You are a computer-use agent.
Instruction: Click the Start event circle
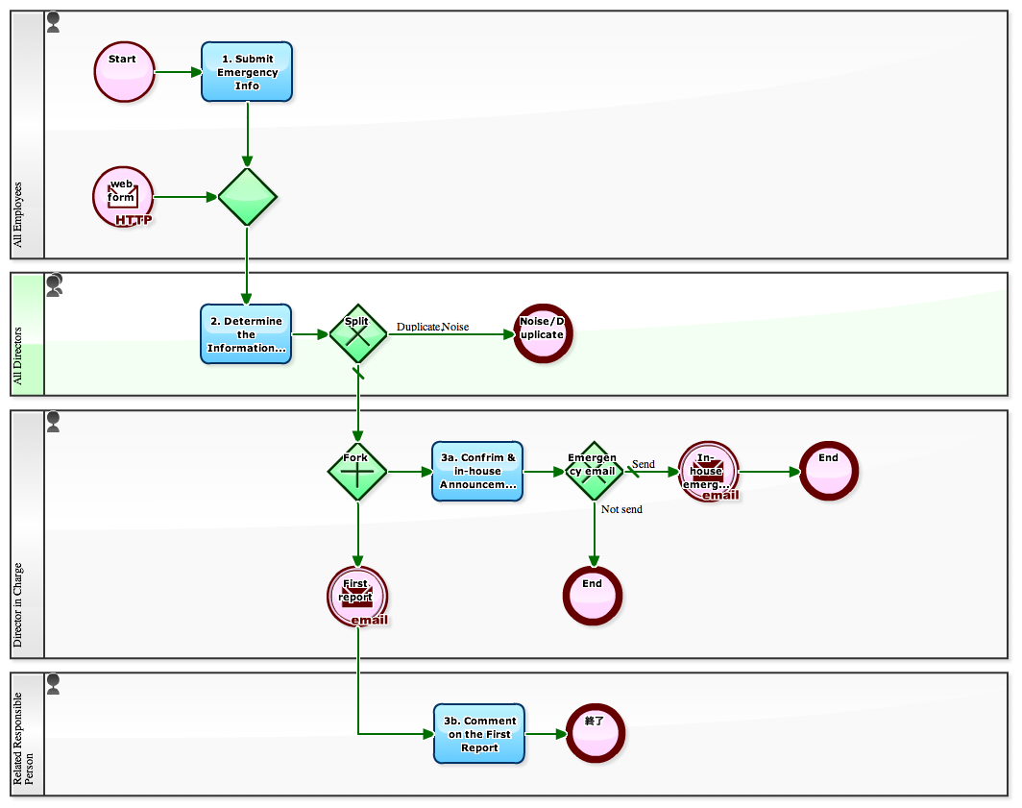tap(124, 72)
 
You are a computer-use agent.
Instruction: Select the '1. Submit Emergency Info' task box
tap(247, 72)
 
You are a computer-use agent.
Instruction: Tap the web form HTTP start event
tap(123, 196)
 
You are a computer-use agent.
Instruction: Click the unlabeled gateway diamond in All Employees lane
tap(247, 197)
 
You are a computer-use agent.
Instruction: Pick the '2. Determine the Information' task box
tap(246, 334)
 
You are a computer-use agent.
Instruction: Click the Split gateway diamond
tap(357, 333)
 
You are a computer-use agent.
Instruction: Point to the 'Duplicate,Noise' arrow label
tap(432, 327)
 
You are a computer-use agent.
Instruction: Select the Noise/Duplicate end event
tap(542, 334)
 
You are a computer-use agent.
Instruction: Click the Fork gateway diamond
tap(357, 472)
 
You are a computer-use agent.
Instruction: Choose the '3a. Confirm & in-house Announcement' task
tap(477, 472)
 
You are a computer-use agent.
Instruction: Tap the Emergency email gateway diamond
tap(594, 471)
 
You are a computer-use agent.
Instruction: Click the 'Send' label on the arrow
tap(643, 464)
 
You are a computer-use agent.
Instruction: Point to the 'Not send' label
tap(621, 509)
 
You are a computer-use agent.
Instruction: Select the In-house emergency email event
tap(708, 472)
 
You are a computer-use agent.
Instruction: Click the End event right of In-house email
tap(828, 471)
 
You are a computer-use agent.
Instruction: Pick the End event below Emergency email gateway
tap(593, 596)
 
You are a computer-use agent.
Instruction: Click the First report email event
tap(357, 596)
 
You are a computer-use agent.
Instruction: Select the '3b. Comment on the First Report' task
tap(479, 734)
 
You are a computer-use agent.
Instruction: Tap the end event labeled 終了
tap(596, 733)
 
